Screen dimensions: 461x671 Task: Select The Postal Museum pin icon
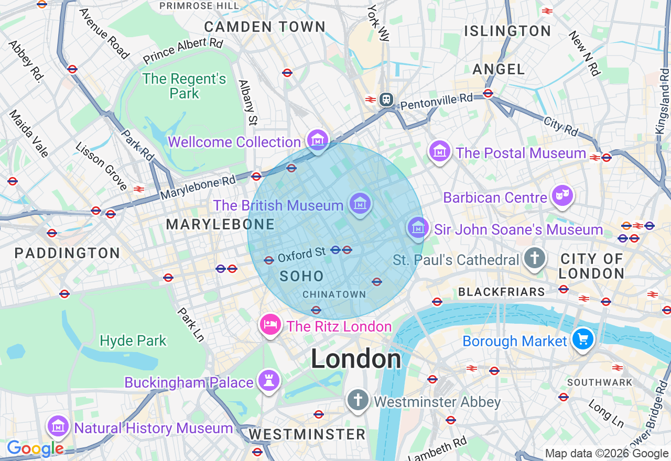pos(440,151)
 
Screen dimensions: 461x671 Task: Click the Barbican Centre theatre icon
pos(562,196)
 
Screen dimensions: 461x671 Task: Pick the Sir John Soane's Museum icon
pos(418,228)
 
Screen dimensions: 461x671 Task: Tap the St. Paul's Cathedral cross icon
pos(534,258)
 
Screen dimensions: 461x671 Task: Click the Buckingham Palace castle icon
pos(269,381)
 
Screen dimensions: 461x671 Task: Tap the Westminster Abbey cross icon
pos(358,401)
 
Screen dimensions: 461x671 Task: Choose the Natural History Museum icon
pos(58,426)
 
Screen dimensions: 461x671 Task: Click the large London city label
pos(356,359)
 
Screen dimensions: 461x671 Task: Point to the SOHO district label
pos(301,276)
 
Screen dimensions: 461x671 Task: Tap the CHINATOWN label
pos(334,294)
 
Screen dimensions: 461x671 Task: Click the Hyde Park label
pos(133,341)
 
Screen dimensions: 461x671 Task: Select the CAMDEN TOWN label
pos(265,27)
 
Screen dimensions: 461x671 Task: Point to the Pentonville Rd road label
pos(436,101)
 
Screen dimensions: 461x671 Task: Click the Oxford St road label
pos(302,255)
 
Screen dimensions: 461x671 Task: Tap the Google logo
pos(35,448)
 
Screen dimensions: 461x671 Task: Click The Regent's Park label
pos(185,86)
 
